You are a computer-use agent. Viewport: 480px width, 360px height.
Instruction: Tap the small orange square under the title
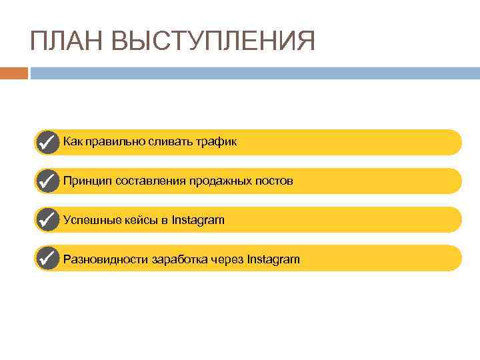[x=13, y=73]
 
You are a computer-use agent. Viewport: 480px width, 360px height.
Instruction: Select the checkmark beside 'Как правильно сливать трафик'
[x=47, y=142]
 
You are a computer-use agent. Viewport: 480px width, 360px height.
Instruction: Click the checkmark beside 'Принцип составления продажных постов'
[x=47, y=181]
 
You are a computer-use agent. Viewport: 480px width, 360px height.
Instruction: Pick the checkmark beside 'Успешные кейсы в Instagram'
[x=47, y=219]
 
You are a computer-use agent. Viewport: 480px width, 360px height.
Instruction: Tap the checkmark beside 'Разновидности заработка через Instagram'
[x=47, y=258]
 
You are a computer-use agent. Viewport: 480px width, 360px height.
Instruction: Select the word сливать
[x=172, y=142]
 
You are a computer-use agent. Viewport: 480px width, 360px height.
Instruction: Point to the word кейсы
[x=139, y=219]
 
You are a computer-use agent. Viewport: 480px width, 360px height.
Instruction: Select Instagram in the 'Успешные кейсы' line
[x=198, y=219]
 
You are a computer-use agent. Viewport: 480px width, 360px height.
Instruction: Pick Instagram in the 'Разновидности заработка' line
[x=273, y=259]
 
